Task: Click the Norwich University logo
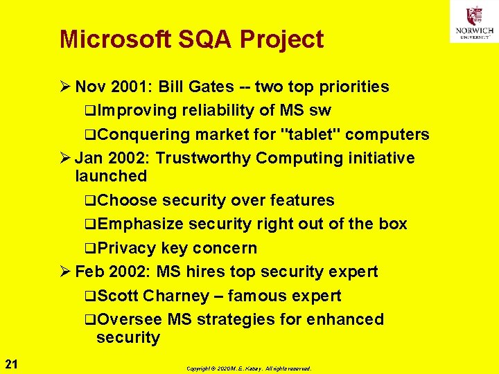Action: [474, 21]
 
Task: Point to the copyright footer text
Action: [249, 368]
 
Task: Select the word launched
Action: [111, 176]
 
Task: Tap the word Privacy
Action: [127, 248]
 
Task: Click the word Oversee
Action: [130, 319]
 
